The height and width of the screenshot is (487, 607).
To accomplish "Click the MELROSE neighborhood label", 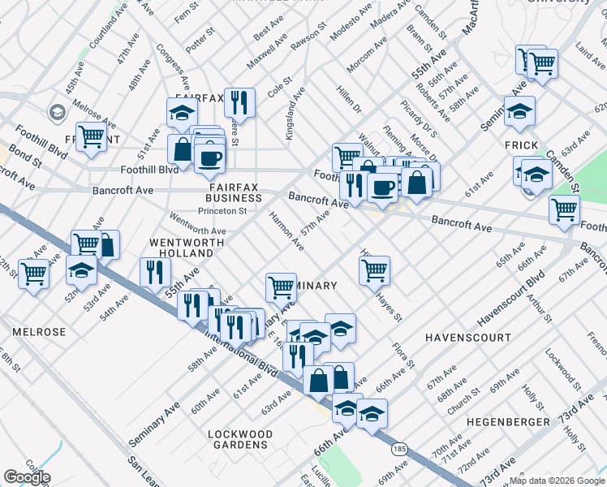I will click(x=39, y=332).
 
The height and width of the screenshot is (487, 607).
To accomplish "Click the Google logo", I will click(x=27, y=477).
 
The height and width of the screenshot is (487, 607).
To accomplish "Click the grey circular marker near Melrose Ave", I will click(x=58, y=111).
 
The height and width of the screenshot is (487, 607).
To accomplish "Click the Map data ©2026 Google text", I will click(x=557, y=479).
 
